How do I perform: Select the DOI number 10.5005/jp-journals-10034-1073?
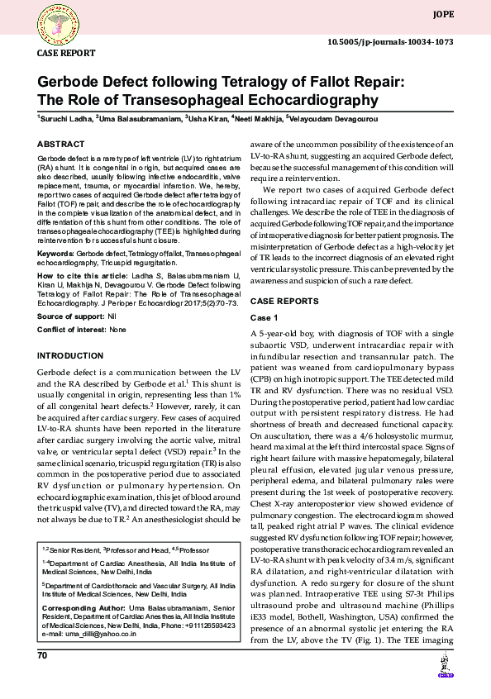tap(390, 41)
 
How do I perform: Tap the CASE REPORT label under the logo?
tap(65, 53)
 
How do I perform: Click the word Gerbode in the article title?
tap(70, 83)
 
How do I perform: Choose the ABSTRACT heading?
tap(60, 144)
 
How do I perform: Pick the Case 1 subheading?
tap(265, 318)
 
